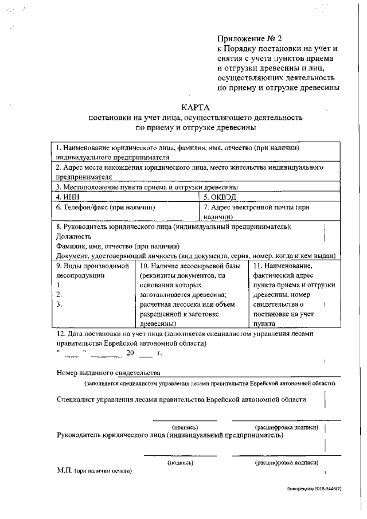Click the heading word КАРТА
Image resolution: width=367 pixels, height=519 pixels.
coord(196,107)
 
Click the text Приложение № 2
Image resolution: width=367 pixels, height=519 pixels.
coord(249,39)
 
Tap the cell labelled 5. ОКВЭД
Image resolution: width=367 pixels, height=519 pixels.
coord(220,197)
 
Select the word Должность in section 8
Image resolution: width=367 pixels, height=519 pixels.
coord(74,236)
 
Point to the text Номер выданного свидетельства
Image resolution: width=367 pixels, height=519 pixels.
coord(108,373)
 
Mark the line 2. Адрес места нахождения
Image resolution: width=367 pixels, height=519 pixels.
coord(189,167)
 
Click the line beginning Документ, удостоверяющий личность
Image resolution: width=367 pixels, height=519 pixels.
coord(195,255)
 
